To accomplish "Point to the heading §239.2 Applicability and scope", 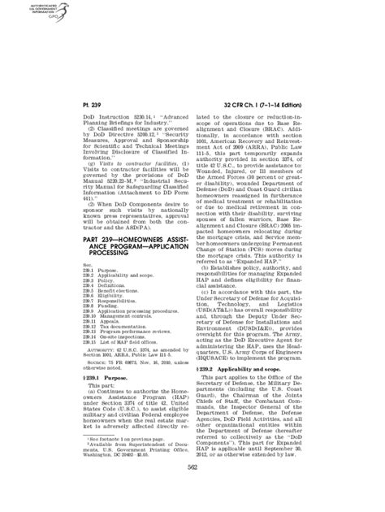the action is tap(244, 347).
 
